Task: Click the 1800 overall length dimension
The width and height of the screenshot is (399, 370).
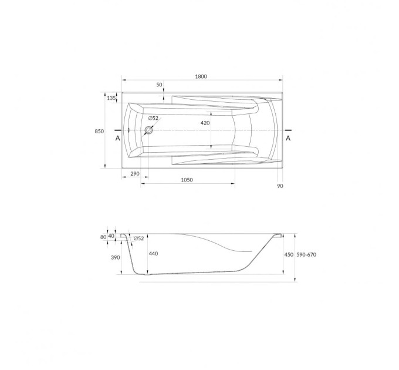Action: click(x=201, y=76)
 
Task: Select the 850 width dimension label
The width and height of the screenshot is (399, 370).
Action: click(x=99, y=132)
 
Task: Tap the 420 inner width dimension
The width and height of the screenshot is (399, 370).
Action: click(x=205, y=123)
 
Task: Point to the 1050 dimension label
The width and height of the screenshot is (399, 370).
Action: click(x=187, y=180)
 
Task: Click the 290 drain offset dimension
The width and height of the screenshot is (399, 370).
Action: click(x=135, y=174)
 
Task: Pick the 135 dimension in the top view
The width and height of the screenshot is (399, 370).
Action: click(x=111, y=98)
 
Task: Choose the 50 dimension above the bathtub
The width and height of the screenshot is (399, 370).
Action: click(x=159, y=85)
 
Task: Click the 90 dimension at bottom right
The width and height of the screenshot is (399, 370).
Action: click(x=280, y=186)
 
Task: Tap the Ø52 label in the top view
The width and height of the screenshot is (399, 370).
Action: click(x=153, y=118)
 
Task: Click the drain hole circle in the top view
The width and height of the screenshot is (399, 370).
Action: click(x=148, y=130)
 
